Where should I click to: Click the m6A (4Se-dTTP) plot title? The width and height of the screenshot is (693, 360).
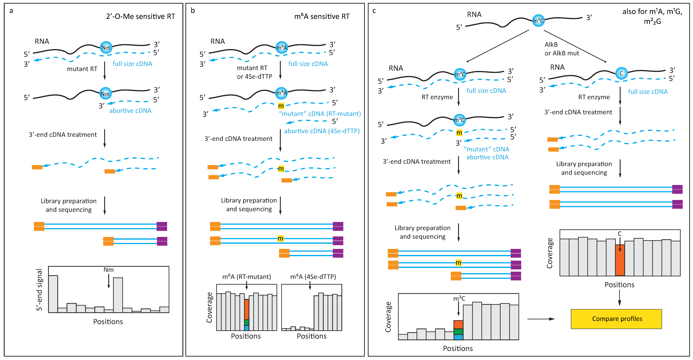coord(313,277)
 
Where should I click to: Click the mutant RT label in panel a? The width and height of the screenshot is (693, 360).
coord(82,69)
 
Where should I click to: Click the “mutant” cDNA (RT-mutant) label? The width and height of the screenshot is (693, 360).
coord(320,114)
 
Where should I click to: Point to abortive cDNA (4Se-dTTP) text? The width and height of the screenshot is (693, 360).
coord(322,131)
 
